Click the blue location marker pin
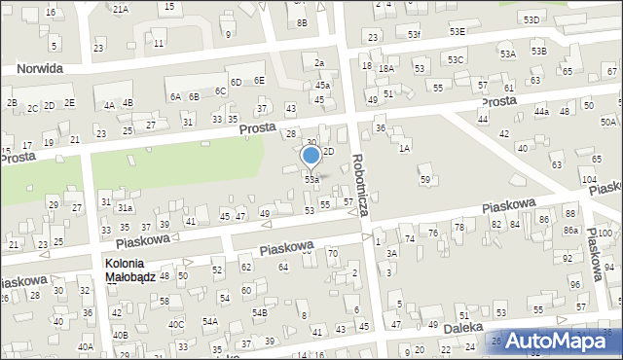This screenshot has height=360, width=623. click(311, 156)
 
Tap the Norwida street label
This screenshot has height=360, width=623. click(33, 69)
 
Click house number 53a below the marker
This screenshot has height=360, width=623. click(311, 179)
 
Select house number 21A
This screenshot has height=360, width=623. click(120, 9)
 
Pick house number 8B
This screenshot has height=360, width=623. click(302, 22)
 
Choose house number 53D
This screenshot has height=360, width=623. click(531, 19)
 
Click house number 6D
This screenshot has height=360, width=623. click(236, 82)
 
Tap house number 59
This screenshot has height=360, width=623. click(424, 180)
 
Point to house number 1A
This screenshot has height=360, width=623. click(404, 148)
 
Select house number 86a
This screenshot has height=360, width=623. click(569, 230)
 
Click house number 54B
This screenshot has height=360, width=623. click(260, 312)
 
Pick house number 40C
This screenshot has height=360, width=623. click(176, 324)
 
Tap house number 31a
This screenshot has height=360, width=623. click(125, 208)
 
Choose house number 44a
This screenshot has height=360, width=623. click(541, 112)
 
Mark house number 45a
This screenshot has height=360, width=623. click(322, 86)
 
